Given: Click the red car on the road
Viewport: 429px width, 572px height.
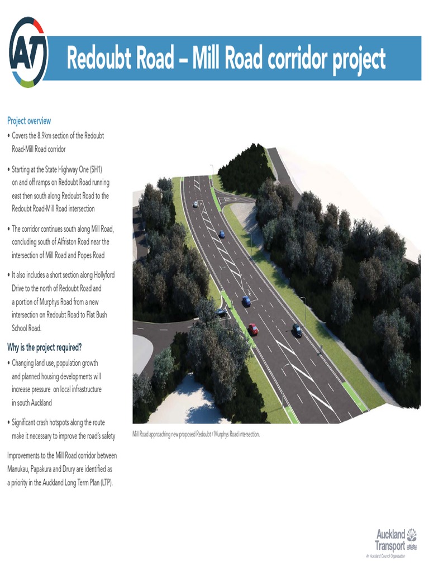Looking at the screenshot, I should click(x=254, y=330).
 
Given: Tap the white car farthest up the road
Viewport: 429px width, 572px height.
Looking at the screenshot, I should click(x=196, y=204).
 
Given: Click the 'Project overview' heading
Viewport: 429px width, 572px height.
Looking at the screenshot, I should click(x=29, y=121).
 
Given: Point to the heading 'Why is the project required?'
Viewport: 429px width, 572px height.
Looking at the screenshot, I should click(x=45, y=347).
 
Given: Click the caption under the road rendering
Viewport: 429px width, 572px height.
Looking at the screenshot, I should click(x=196, y=434).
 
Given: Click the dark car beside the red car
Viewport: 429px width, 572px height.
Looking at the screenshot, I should click(x=297, y=330).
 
